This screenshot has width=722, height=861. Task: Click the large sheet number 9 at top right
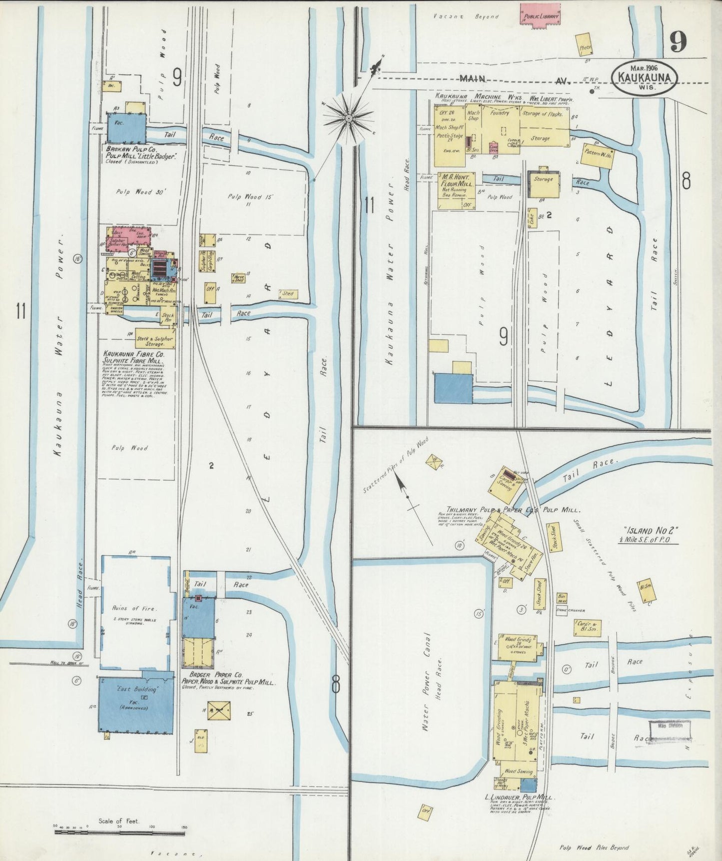(x=679, y=41)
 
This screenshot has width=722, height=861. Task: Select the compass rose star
(x=348, y=118)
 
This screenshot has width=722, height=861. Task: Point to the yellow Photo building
(x=585, y=45)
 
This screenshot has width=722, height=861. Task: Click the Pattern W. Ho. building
(x=599, y=155)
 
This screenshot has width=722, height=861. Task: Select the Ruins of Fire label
(x=135, y=608)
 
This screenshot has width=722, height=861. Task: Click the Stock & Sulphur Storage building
(x=155, y=341)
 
